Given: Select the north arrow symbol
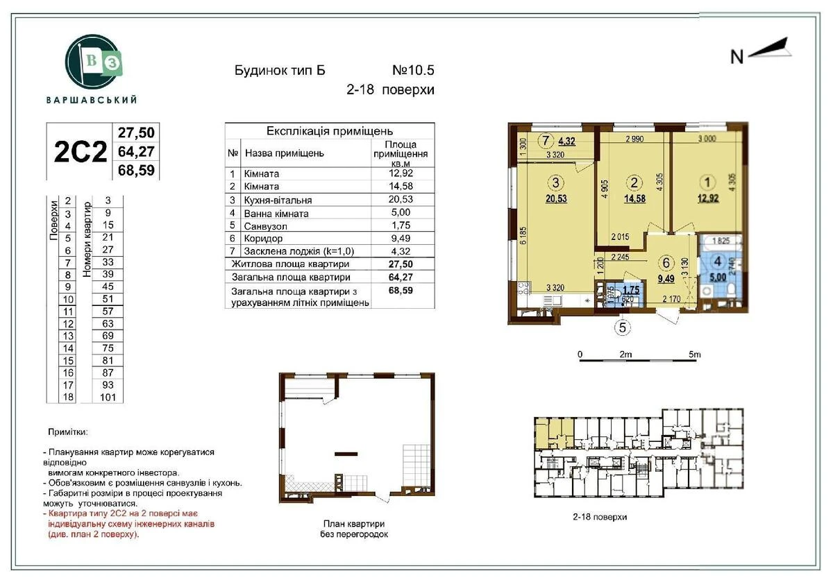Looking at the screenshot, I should point(763,53).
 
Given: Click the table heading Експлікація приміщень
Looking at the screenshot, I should point(330,130).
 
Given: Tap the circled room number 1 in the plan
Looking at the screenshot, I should point(707,183).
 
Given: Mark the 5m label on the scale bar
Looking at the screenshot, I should point(694,355).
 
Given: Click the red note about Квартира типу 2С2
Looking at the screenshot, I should point(128,524).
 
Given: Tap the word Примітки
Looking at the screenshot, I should point(68,432).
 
